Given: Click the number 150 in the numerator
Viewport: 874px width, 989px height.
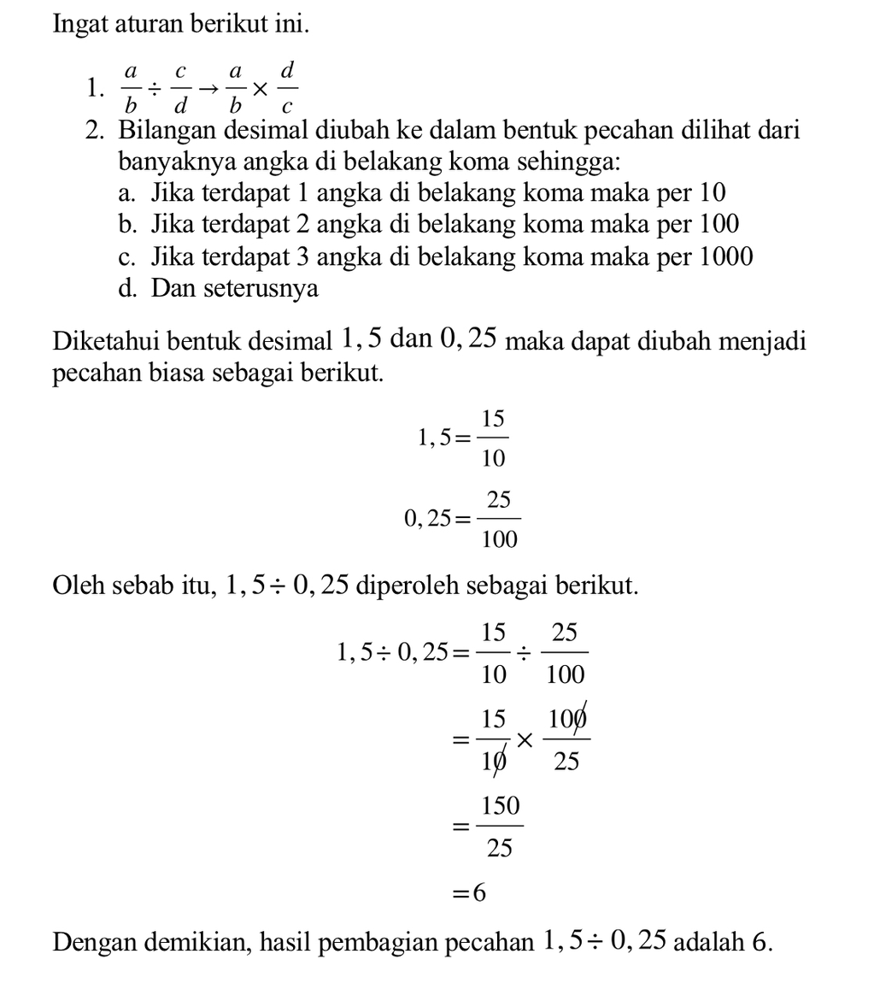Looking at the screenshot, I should (x=500, y=806).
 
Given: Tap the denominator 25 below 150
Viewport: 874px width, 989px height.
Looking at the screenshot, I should (x=500, y=847).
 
